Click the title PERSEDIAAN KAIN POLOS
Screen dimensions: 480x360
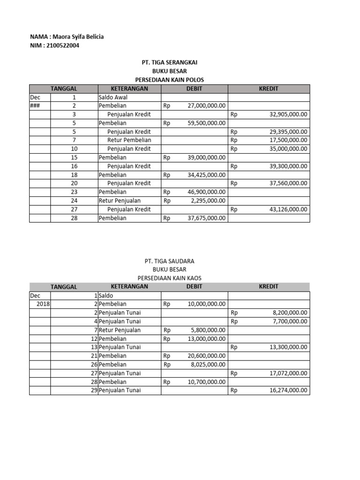click(169, 80)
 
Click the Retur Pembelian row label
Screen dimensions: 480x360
click(129, 140)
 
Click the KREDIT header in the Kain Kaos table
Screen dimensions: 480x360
click(269, 287)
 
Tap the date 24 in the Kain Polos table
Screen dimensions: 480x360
click(74, 201)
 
